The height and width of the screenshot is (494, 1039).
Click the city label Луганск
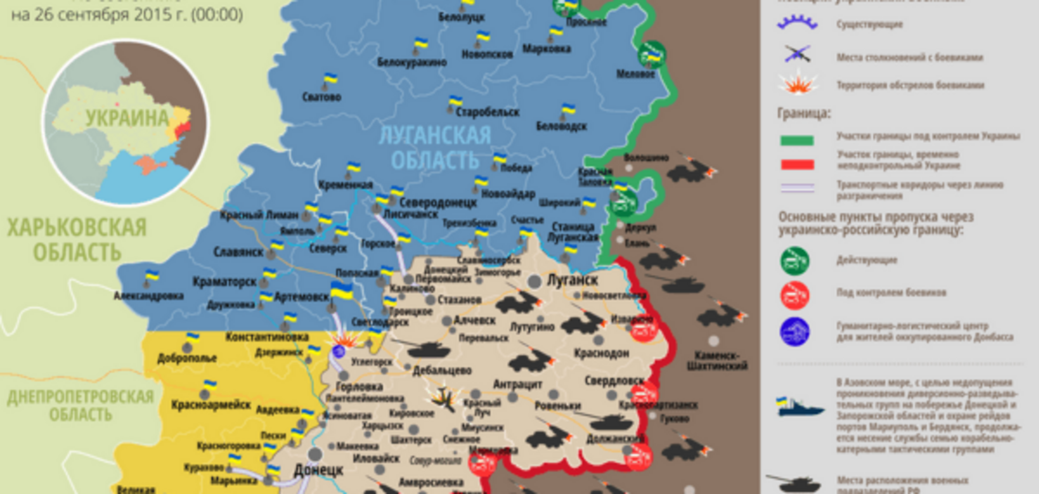pyautogui.click(x=572, y=280)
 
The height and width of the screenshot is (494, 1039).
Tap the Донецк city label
pyautogui.click(x=319, y=470)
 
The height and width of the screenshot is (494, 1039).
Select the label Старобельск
pyautogui.click(x=487, y=112)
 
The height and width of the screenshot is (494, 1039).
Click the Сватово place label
pyautogui.click(x=321, y=97)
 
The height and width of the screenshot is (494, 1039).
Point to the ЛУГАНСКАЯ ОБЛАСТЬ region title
pyautogui.click(x=435, y=148)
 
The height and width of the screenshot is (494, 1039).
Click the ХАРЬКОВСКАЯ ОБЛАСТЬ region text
pyautogui.click(x=76, y=240)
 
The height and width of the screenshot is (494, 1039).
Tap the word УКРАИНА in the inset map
pyautogui.click(x=127, y=118)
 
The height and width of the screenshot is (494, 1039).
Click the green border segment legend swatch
pyautogui.click(x=797, y=141)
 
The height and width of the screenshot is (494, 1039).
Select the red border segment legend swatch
pyautogui.click(x=797, y=164)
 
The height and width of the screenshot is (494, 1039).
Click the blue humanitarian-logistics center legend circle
pyautogui.click(x=794, y=331)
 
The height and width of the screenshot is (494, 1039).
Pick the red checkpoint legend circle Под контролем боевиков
pyautogui.click(x=794, y=295)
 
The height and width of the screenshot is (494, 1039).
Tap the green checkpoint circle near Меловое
pyautogui.click(x=652, y=54)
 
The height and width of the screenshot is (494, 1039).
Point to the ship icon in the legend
pyautogui.click(x=799, y=408)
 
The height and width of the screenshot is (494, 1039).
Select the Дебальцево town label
pyautogui.click(x=442, y=370)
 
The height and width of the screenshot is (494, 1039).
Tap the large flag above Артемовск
pyautogui.click(x=341, y=291)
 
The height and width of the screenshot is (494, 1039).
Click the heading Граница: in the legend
pyautogui.click(x=804, y=113)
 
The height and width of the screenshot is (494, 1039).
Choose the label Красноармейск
pyautogui.click(x=211, y=405)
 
